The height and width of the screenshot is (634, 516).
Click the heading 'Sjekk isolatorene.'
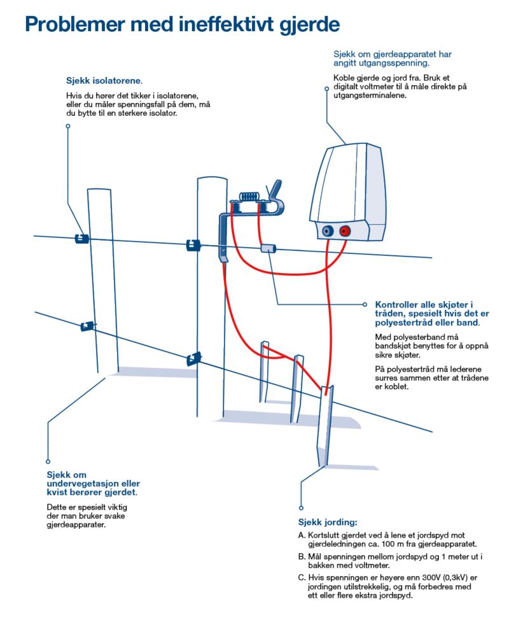click(104, 81)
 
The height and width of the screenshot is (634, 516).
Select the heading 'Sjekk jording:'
click(328, 523)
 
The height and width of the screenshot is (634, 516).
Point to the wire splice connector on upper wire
click(268, 248)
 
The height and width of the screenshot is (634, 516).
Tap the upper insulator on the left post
click(81, 238)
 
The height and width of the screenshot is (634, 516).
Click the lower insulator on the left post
click(87, 327)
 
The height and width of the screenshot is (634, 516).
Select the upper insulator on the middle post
click(192, 245)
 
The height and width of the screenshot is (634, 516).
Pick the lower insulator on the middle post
click(193, 359)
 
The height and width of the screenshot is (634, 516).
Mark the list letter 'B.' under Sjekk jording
click(302, 556)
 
